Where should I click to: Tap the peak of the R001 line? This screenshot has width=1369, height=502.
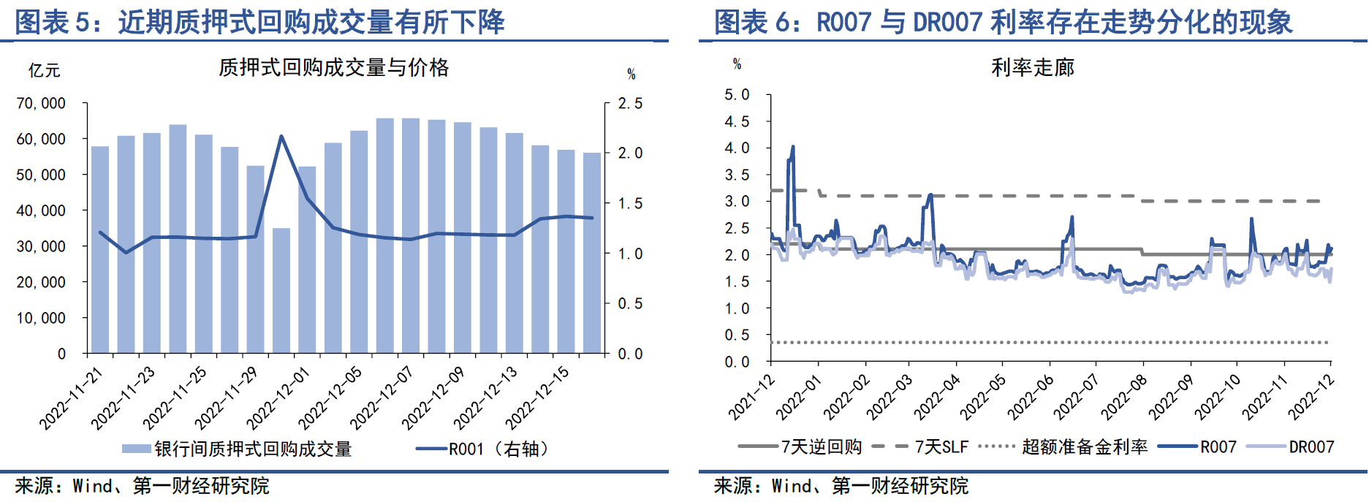point(281,137)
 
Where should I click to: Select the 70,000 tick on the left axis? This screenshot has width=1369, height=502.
point(41,104)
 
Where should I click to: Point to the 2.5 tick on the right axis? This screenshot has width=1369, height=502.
point(630,104)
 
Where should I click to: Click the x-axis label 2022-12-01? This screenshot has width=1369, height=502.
point(278,398)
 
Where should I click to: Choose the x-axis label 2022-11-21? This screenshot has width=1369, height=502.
point(71,398)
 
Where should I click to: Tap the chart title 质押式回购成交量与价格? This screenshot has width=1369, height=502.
point(333,68)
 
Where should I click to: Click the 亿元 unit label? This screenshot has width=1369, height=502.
point(44,71)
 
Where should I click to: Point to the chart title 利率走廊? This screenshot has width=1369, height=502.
point(1032,68)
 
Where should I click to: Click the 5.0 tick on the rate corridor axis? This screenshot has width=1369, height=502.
point(737,95)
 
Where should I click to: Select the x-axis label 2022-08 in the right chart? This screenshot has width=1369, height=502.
point(1123,397)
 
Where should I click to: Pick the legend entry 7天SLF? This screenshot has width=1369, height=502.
point(941,446)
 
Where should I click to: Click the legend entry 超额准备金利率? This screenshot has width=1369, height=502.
point(1085,446)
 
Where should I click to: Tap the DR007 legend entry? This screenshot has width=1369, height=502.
point(1311,446)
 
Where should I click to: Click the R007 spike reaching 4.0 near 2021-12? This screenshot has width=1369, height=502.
point(792,148)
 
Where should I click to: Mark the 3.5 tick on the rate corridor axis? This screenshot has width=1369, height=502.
point(737,175)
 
